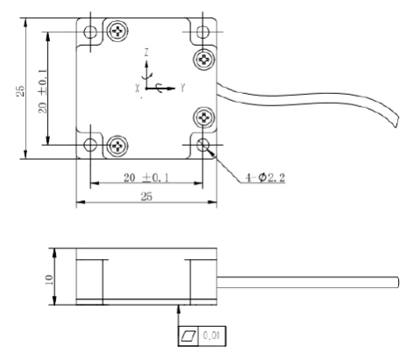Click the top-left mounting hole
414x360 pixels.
coord(90,32)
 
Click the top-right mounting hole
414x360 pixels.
coord(203,32)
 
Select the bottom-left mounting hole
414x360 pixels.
coord(90,145)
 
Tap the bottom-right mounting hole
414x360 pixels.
coord(203,145)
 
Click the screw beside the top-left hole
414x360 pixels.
coord(118,31)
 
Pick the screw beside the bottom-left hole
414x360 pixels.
coord(118,146)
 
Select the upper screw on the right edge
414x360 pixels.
coord(203,60)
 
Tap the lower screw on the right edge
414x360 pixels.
coord(203,118)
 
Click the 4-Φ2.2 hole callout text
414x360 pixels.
coord(265,177)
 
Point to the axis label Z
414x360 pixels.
coord(146,53)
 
